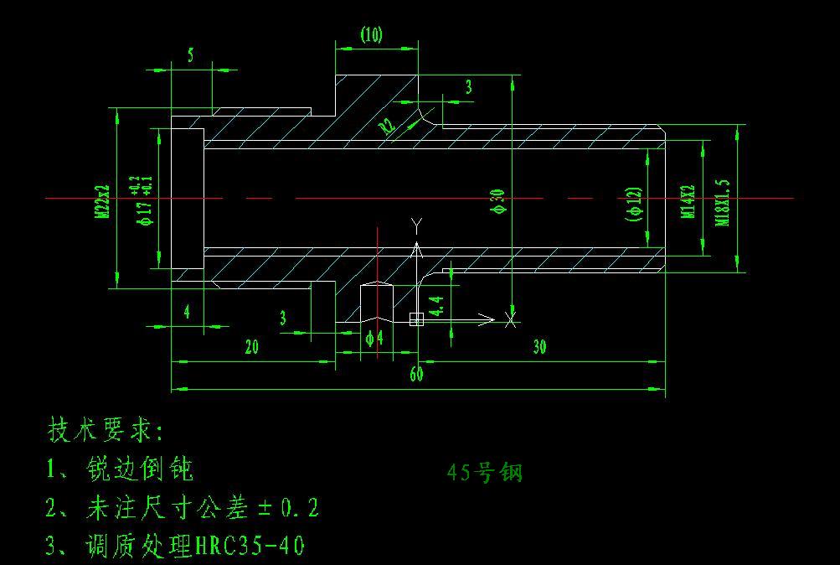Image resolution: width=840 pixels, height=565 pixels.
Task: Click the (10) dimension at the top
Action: click(x=371, y=35)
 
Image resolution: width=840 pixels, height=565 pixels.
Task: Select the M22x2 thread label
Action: click(x=102, y=201)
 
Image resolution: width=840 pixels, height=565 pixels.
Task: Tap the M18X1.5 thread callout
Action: click(x=723, y=202)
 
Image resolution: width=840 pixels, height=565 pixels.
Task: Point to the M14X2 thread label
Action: click(x=688, y=201)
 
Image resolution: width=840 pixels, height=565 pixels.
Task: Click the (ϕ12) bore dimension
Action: click(x=634, y=204)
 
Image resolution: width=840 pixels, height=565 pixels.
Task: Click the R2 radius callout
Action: click(x=386, y=127)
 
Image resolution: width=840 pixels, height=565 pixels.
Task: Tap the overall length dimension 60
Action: click(x=416, y=374)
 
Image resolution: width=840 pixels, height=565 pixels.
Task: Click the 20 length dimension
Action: click(x=251, y=347)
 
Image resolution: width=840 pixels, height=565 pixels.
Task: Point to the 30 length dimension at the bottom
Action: click(x=539, y=347)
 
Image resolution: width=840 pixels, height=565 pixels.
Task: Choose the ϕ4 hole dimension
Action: click(x=374, y=338)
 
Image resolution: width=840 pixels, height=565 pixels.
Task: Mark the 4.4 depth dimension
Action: click(x=436, y=306)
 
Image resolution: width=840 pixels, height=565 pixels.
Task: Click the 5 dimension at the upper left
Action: click(x=191, y=56)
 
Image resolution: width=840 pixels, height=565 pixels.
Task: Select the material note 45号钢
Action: click(x=485, y=473)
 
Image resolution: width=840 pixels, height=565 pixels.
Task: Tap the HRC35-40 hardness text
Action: click(x=250, y=547)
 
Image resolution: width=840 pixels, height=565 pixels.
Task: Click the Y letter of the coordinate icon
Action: click(x=416, y=224)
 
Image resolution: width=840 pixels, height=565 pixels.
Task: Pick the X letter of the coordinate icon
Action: click(x=510, y=319)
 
